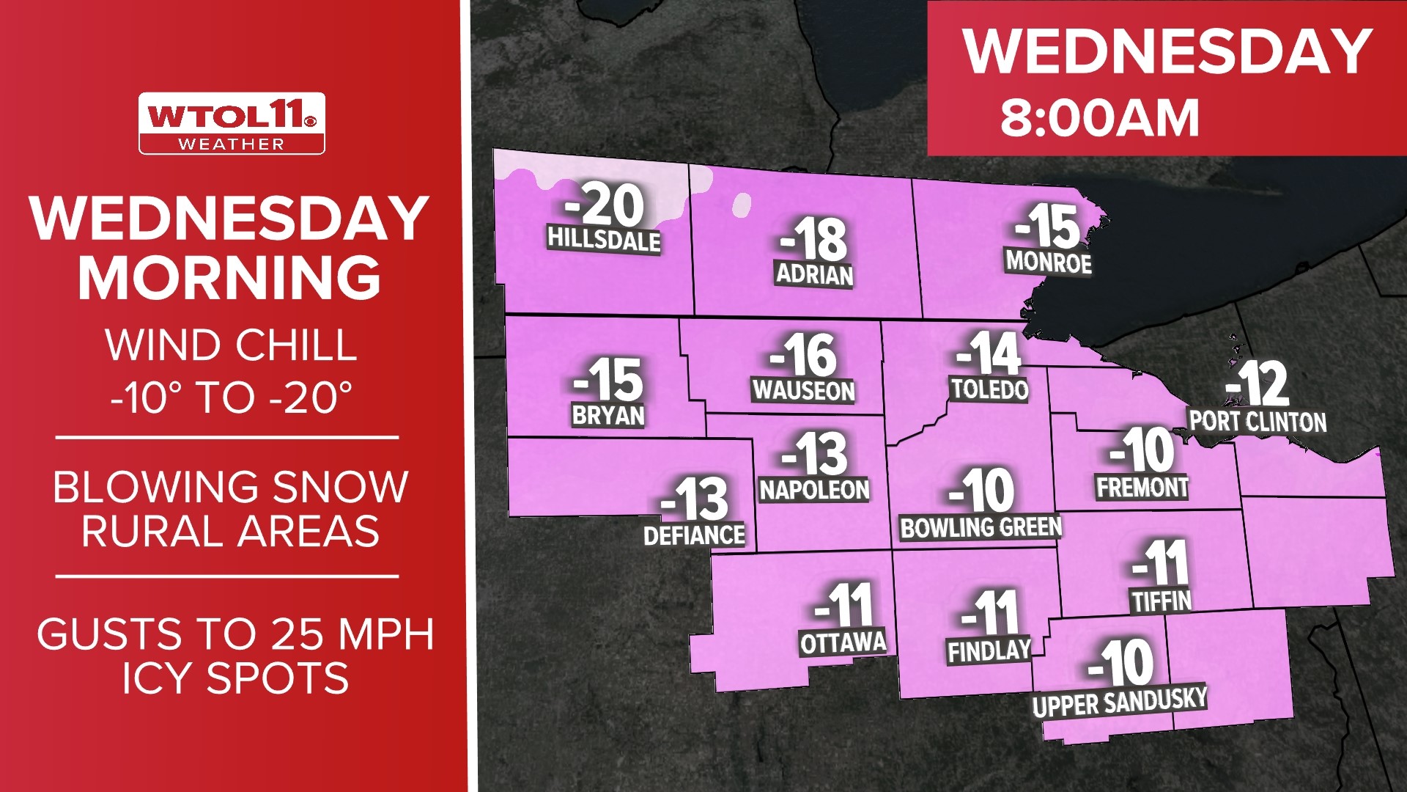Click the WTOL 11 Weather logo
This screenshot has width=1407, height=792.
(x=232, y=123)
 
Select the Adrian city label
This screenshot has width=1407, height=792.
(x=815, y=274)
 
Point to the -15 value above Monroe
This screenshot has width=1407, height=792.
(x=1048, y=227)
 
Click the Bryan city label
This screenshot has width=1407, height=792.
(x=608, y=415)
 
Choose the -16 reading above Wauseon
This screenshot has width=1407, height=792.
(x=803, y=355)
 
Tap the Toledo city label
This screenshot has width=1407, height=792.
(x=989, y=389)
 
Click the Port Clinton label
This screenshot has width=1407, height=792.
(x=1258, y=422)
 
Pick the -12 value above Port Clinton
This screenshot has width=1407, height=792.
(x=1258, y=384)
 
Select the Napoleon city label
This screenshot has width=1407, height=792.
(x=814, y=489)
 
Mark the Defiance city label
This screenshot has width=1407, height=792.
(x=694, y=535)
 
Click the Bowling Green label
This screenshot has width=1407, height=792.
(x=981, y=527)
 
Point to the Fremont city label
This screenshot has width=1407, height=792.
(x=1142, y=487)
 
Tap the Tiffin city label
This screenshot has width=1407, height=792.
(x=1162, y=601)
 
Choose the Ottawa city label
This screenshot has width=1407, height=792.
(x=843, y=643)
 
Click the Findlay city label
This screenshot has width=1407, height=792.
(x=989, y=650)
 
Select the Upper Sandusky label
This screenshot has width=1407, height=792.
(x=1119, y=702)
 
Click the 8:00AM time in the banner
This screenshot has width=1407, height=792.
(x=1100, y=119)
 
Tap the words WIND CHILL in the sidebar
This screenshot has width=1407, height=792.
(x=232, y=345)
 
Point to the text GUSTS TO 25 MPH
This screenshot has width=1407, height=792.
(x=235, y=634)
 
